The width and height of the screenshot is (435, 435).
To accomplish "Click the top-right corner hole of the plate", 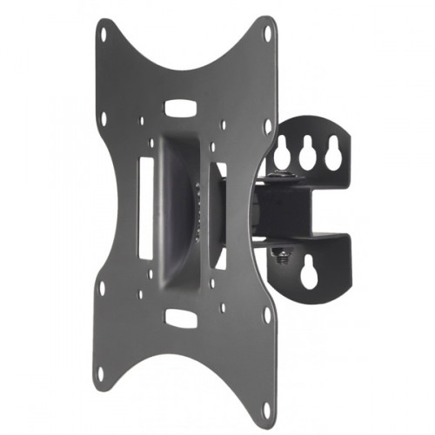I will coord(267,32).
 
